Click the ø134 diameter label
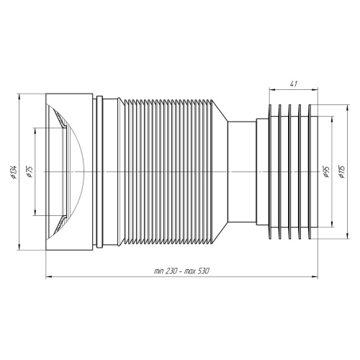point(14,172)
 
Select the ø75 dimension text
point(30,171)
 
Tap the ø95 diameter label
point(326,171)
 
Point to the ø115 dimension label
point(342,171)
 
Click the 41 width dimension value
point(294,84)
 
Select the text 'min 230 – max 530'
point(181,271)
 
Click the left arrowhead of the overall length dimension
point(49,277)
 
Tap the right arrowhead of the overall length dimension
point(315,277)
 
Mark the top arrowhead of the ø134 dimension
point(19,96)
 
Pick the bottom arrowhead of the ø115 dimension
point(347,235)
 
